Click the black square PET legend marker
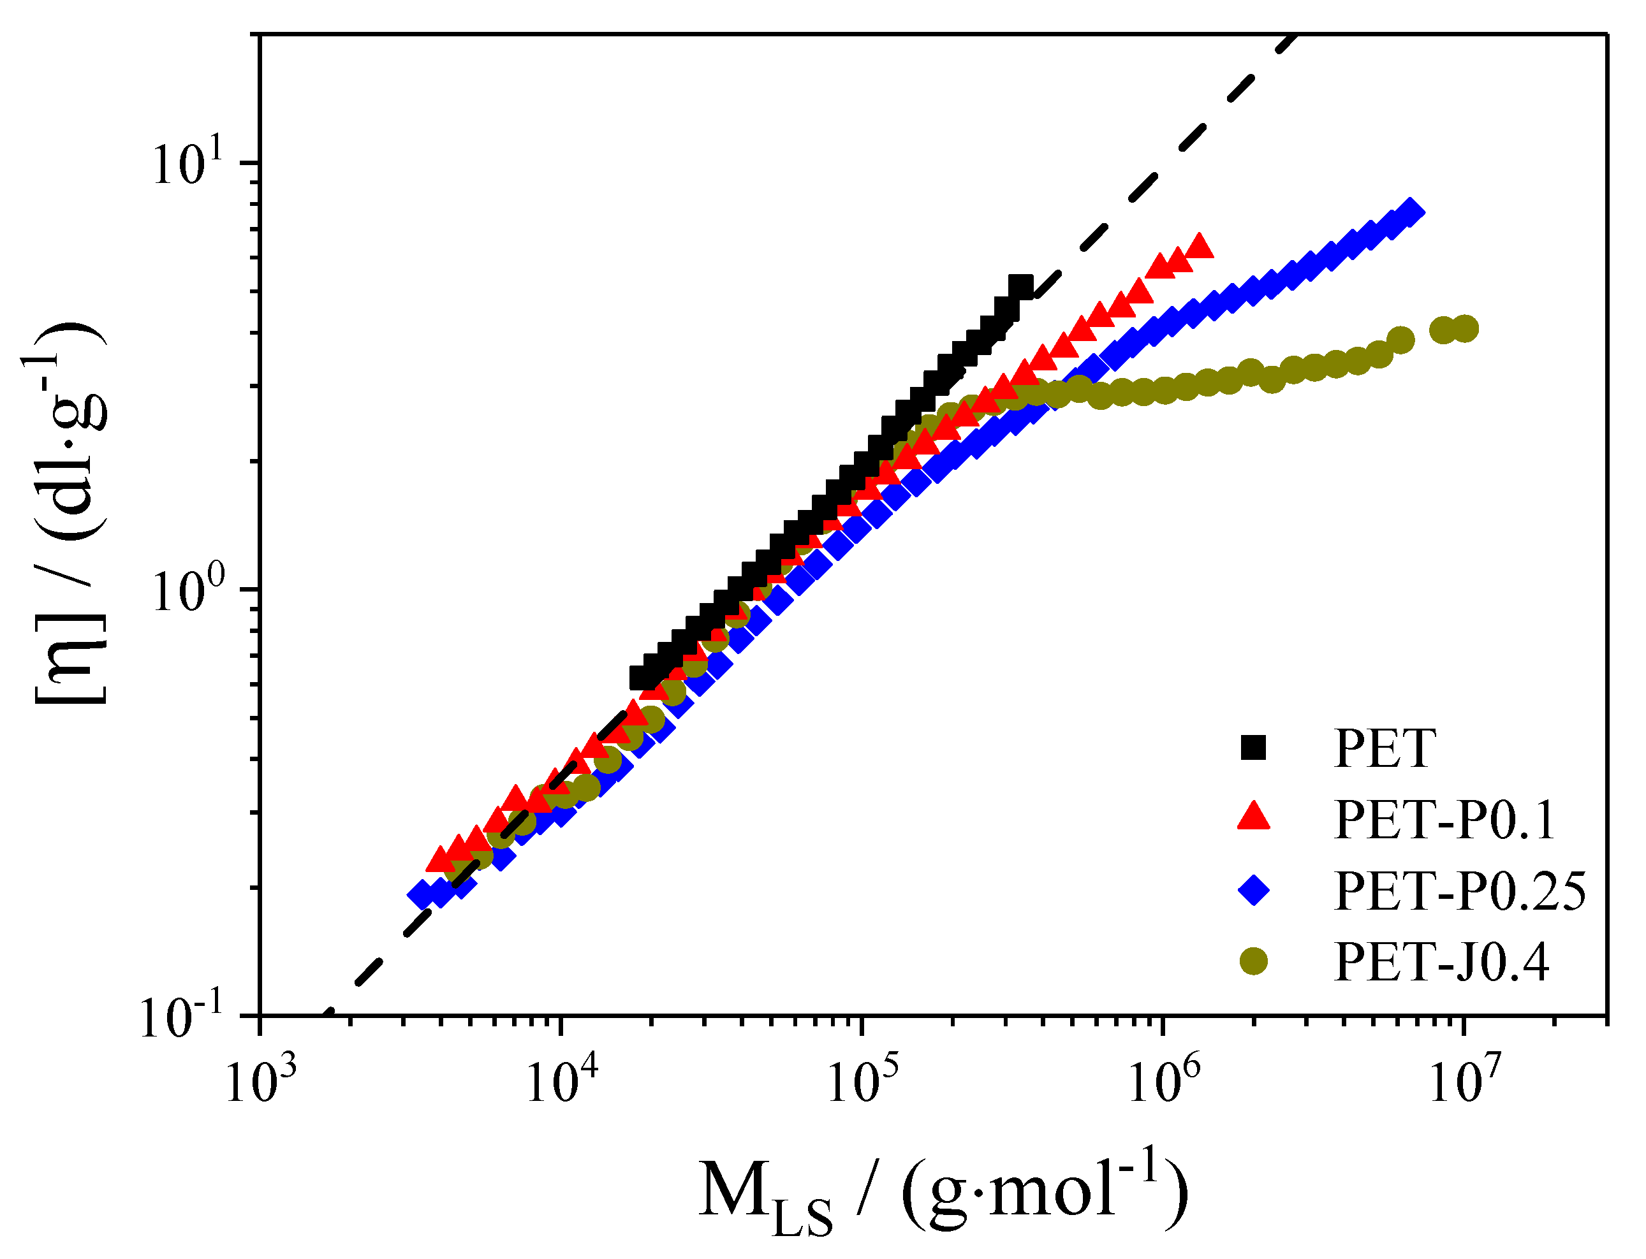click(x=1253, y=748)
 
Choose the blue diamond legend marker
click(x=1253, y=891)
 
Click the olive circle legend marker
click(x=1253, y=961)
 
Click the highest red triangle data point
click(x=1200, y=247)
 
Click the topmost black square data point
click(x=1020, y=286)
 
